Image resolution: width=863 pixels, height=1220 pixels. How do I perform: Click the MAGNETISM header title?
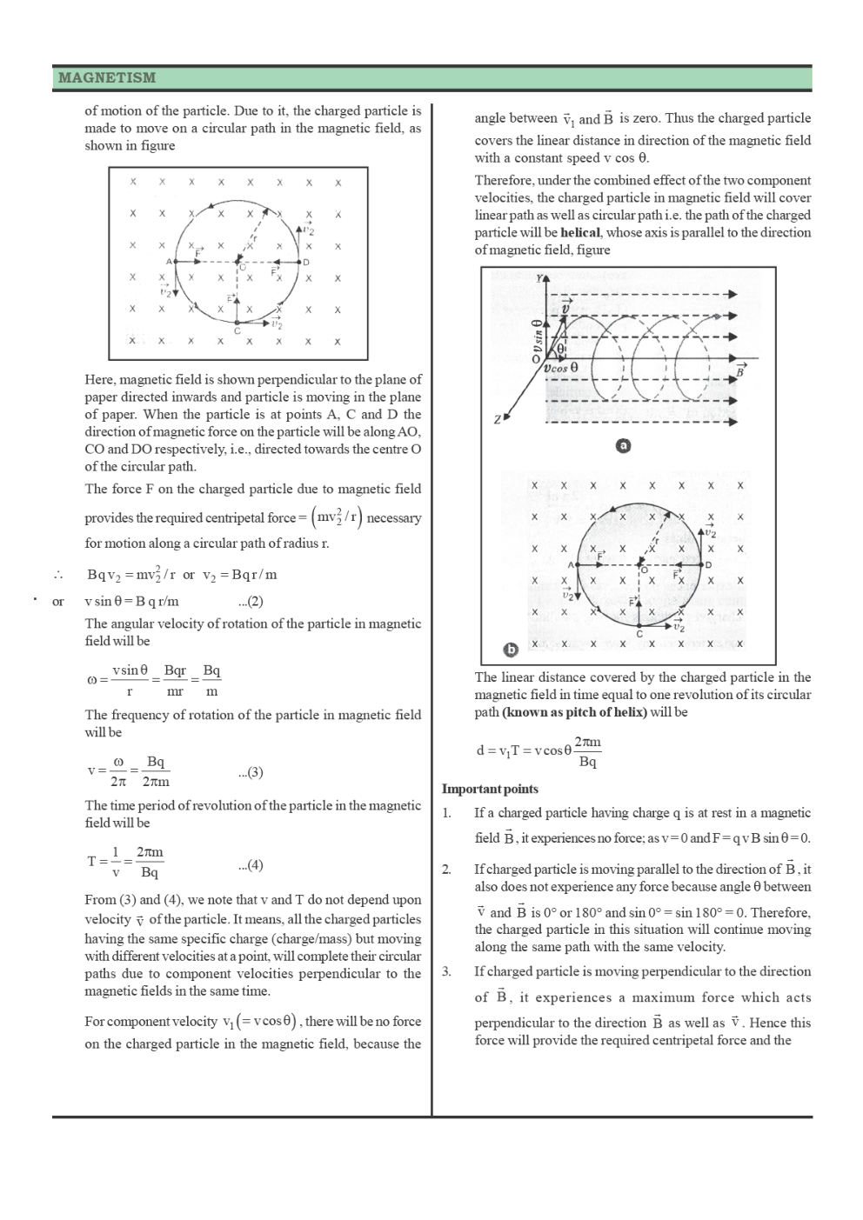(x=107, y=77)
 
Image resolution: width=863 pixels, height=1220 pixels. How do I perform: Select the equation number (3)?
(x=251, y=772)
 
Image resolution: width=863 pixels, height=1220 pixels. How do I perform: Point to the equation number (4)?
(x=251, y=864)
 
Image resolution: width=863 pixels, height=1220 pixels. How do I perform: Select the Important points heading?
(x=490, y=789)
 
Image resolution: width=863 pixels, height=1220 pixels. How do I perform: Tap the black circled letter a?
(x=623, y=445)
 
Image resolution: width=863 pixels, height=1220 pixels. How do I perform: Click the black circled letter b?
(x=512, y=649)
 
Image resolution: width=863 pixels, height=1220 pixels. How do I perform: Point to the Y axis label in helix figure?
(x=541, y=279)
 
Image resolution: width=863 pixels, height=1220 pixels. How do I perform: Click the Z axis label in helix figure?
(x=497, y=420)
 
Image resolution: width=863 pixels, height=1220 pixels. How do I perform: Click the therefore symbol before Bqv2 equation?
(x=59, y=575)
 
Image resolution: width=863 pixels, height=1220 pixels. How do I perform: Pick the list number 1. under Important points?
(x=446, y=813)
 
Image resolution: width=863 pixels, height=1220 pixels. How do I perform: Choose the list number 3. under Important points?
(x=446, y=971)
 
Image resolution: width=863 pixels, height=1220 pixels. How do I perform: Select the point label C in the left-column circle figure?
(x=237, y=330)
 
